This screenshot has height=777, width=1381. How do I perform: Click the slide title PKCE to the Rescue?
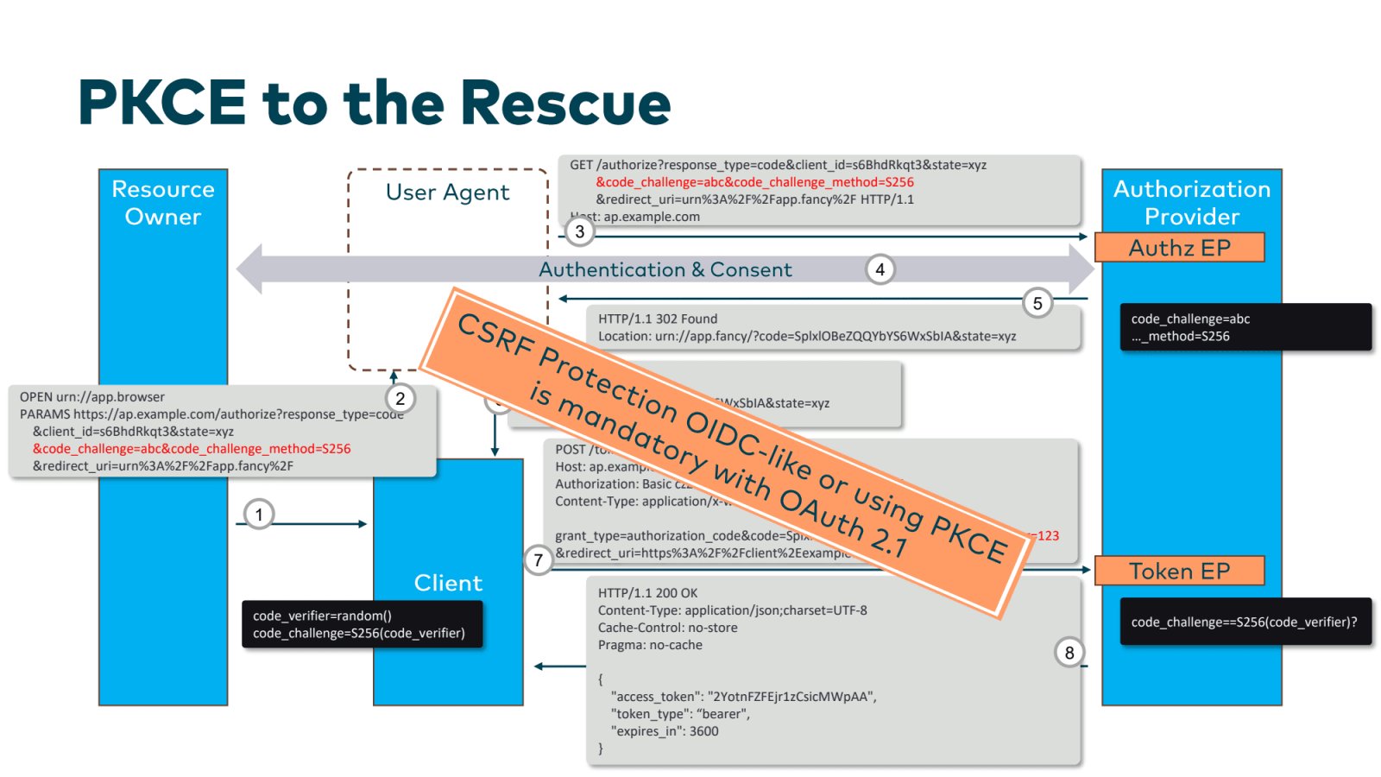[374, 103]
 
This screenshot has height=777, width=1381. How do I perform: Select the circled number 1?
[259, 515]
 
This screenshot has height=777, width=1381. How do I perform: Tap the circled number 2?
[400, 398]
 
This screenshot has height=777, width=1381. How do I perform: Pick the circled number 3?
[580, 231]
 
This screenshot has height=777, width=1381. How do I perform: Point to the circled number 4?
[880, 269]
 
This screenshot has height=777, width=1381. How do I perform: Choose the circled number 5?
[1037, 303]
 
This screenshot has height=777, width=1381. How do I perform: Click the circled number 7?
[539, 560]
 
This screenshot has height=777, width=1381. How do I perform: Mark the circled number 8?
[1069, 653]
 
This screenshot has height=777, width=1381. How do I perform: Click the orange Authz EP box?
[1179, 248]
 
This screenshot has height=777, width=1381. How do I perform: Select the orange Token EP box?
[1179, 572]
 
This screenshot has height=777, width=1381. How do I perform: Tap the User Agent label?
[447, 193]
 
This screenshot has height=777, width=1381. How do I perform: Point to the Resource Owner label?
[163, 203]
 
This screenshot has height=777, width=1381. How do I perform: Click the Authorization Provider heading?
[1191, 203]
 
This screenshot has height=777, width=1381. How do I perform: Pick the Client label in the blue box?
[448, 584]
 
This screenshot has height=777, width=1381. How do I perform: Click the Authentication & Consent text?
[665, 270]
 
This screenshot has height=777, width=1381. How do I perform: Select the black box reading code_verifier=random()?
[362, 624]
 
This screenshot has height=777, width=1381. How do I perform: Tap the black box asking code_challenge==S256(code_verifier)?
[1245, 622]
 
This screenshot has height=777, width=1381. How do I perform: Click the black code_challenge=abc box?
[1245, 327]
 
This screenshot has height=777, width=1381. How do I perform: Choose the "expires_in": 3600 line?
[665, 731]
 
